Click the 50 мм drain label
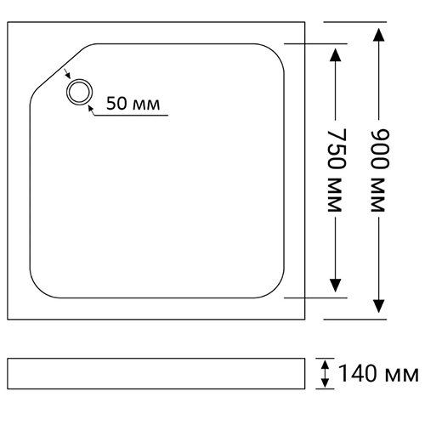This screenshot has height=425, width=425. (x=133, y=104)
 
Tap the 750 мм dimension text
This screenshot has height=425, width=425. (x=336, y=170)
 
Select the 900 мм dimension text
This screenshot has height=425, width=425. (x=379, y=170)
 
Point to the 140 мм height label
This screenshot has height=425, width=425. (x=378, y=373)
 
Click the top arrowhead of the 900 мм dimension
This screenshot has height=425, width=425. (x=379, y=35)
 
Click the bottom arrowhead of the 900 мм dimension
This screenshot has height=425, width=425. (x=379, y=306)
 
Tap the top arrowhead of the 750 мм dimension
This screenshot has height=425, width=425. (x=336, y=55)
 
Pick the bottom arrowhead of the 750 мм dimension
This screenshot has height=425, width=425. (x=336, y=286)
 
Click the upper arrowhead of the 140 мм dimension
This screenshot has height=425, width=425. (x=326, y=365)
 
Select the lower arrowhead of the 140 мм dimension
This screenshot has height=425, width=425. (x=326, y=382)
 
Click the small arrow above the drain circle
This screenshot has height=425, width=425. (x=66, y=74)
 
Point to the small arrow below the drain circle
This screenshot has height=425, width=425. (x=91, y=110)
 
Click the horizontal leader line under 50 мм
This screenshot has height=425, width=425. (x=131, y=116)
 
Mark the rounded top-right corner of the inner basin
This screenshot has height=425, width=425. (x=275, y=52)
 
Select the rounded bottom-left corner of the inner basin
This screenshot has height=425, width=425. (x=38, y=289)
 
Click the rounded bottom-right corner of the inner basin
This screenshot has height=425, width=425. (x=275, y=289)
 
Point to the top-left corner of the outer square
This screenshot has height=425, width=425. (x=8, y=22)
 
